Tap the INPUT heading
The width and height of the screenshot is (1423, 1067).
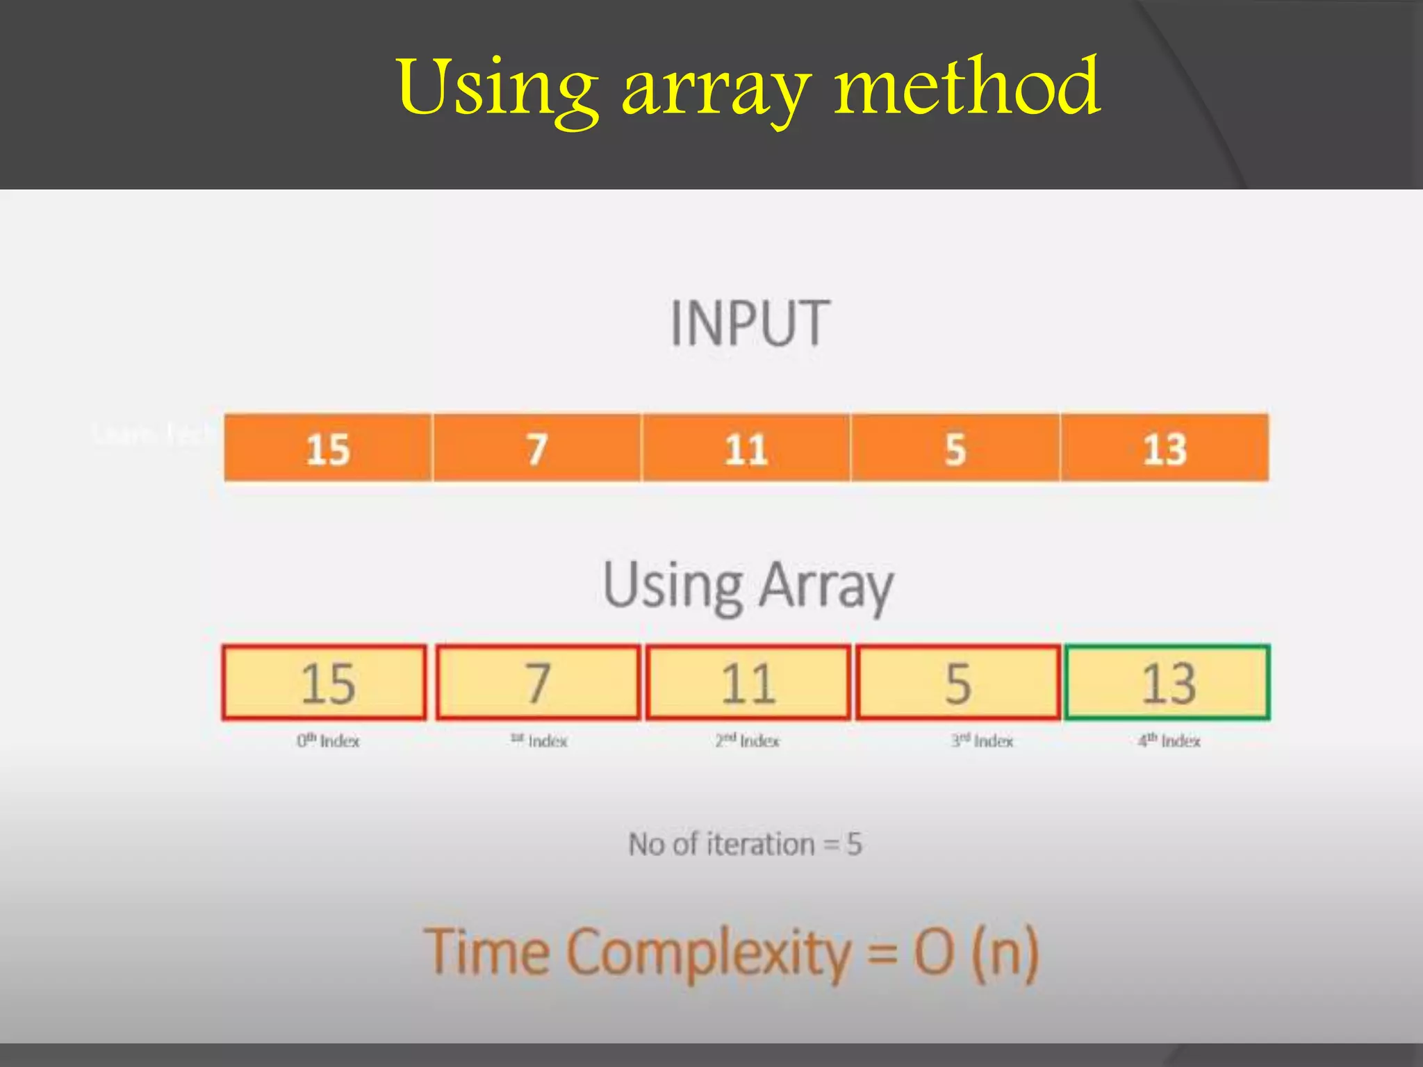point(750,323)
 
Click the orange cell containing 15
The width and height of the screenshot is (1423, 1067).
point(328,448)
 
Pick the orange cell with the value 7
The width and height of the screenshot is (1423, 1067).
point(537,448)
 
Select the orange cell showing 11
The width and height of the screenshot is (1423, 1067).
point(746,448)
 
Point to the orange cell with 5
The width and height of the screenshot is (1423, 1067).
point(955,448)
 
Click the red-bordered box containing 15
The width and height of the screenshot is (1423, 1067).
point(324,682)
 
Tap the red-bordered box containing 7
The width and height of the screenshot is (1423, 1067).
point(538,682)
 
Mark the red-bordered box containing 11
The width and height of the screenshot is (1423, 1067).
point(748,682)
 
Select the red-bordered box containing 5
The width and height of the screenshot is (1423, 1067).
point(958,682)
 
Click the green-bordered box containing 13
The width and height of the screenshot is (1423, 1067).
point(1168,682)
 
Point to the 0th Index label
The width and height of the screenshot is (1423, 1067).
point(328,741)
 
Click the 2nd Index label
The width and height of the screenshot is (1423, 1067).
point(748,741)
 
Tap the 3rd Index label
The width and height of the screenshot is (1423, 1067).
point(982,741)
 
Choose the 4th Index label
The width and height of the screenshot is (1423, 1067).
point(1169,741)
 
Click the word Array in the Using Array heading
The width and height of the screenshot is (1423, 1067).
point(825,587)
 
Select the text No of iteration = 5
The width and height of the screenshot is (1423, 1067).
point(745,845)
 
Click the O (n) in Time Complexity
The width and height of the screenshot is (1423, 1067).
point(976,952)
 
